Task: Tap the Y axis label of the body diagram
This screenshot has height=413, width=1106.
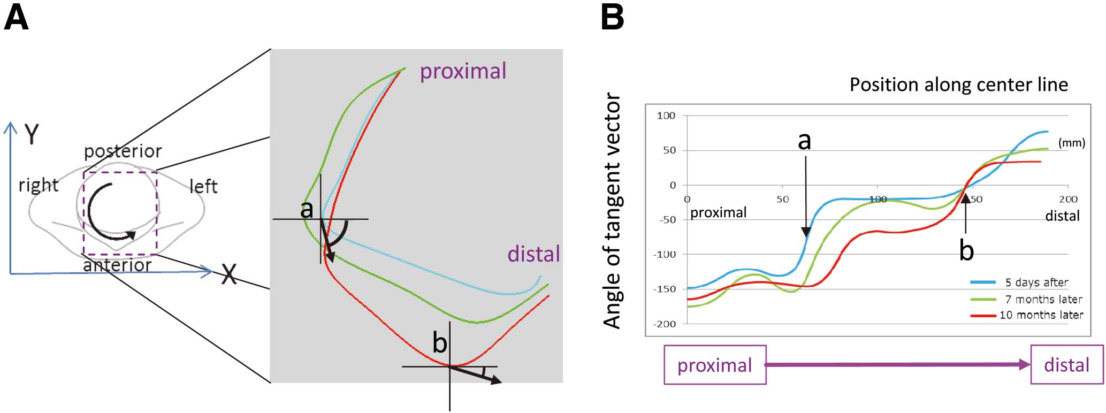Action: tap(32, 134)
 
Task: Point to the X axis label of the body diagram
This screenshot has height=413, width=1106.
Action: tap(229, 274)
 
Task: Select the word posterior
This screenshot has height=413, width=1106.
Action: tap(123, 152)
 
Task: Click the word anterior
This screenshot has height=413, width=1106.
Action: tap(118, 265)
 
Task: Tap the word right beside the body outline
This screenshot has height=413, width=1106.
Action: tap(39, 185)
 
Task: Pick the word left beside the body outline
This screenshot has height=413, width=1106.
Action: tap(203, 186)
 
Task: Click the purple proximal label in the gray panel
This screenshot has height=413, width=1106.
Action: tap(463, 72)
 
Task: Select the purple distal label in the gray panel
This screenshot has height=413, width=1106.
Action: tap(533, 254)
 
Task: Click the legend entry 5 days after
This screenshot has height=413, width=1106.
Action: tap(1036, 282)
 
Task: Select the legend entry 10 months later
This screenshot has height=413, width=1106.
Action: tap(1041, 315)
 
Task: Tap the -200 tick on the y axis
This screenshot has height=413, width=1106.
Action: tap(665, 324)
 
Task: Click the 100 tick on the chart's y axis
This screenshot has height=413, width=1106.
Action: tap(666, 116)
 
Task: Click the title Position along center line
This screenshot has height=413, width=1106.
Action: tap(959, 85)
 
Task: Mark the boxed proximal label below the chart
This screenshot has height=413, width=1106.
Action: tap(715, 365)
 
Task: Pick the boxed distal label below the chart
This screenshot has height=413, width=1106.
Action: tap(1067, 365)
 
